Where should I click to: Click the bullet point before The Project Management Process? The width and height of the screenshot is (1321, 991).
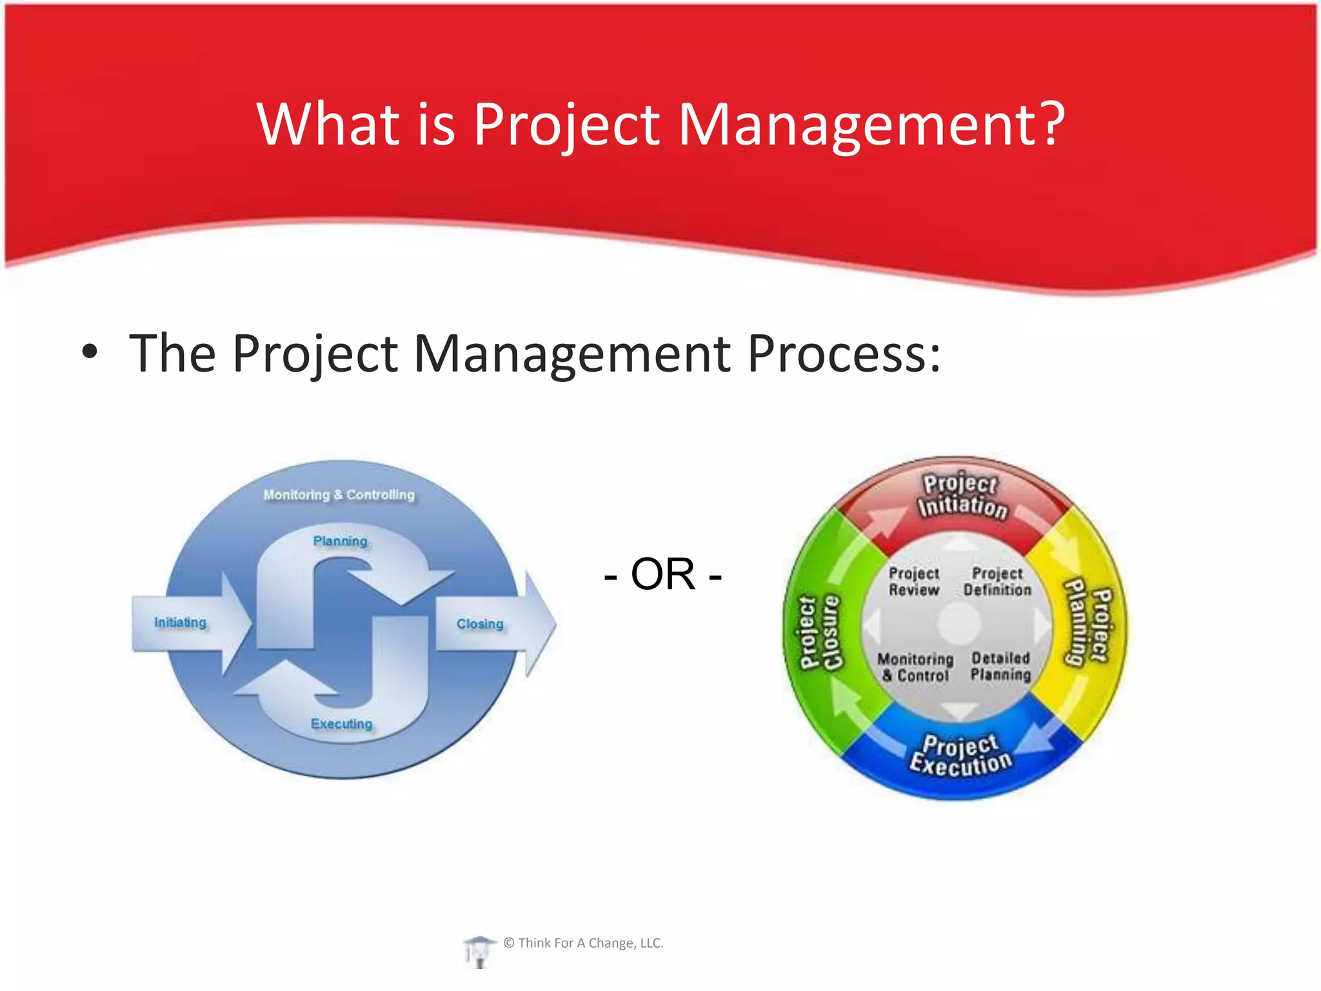[x=90, y=352]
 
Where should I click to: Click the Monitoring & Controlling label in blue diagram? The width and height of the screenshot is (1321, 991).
[x=339, y=495]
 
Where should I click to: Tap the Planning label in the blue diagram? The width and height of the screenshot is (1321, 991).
[x=340, y=541]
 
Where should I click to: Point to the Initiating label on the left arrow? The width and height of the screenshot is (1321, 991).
[x=180, y=623]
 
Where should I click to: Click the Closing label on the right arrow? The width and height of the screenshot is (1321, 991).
[x=480, y=624]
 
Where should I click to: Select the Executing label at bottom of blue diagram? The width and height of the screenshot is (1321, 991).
[x=341, y=724]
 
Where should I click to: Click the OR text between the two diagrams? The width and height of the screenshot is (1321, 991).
[x=662, y=574]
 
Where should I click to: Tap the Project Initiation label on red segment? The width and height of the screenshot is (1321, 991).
[x=961, y=495]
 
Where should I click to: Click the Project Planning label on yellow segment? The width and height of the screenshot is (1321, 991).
[x=1088, y=623]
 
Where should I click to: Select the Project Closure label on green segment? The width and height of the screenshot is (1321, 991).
[x=820, y=632]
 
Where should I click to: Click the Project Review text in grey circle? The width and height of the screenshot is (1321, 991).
[x=913, y=581]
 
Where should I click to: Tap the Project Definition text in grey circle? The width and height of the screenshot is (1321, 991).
[x=997, y=581]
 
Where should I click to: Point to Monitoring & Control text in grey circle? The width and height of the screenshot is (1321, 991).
[x=915, y=667]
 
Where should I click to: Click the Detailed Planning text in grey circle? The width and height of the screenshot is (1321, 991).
[x=1000, y=666]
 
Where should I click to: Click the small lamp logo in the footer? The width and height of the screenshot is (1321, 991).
[x=478, y=950]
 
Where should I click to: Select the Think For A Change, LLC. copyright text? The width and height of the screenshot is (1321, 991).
[x=584, y=943]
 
